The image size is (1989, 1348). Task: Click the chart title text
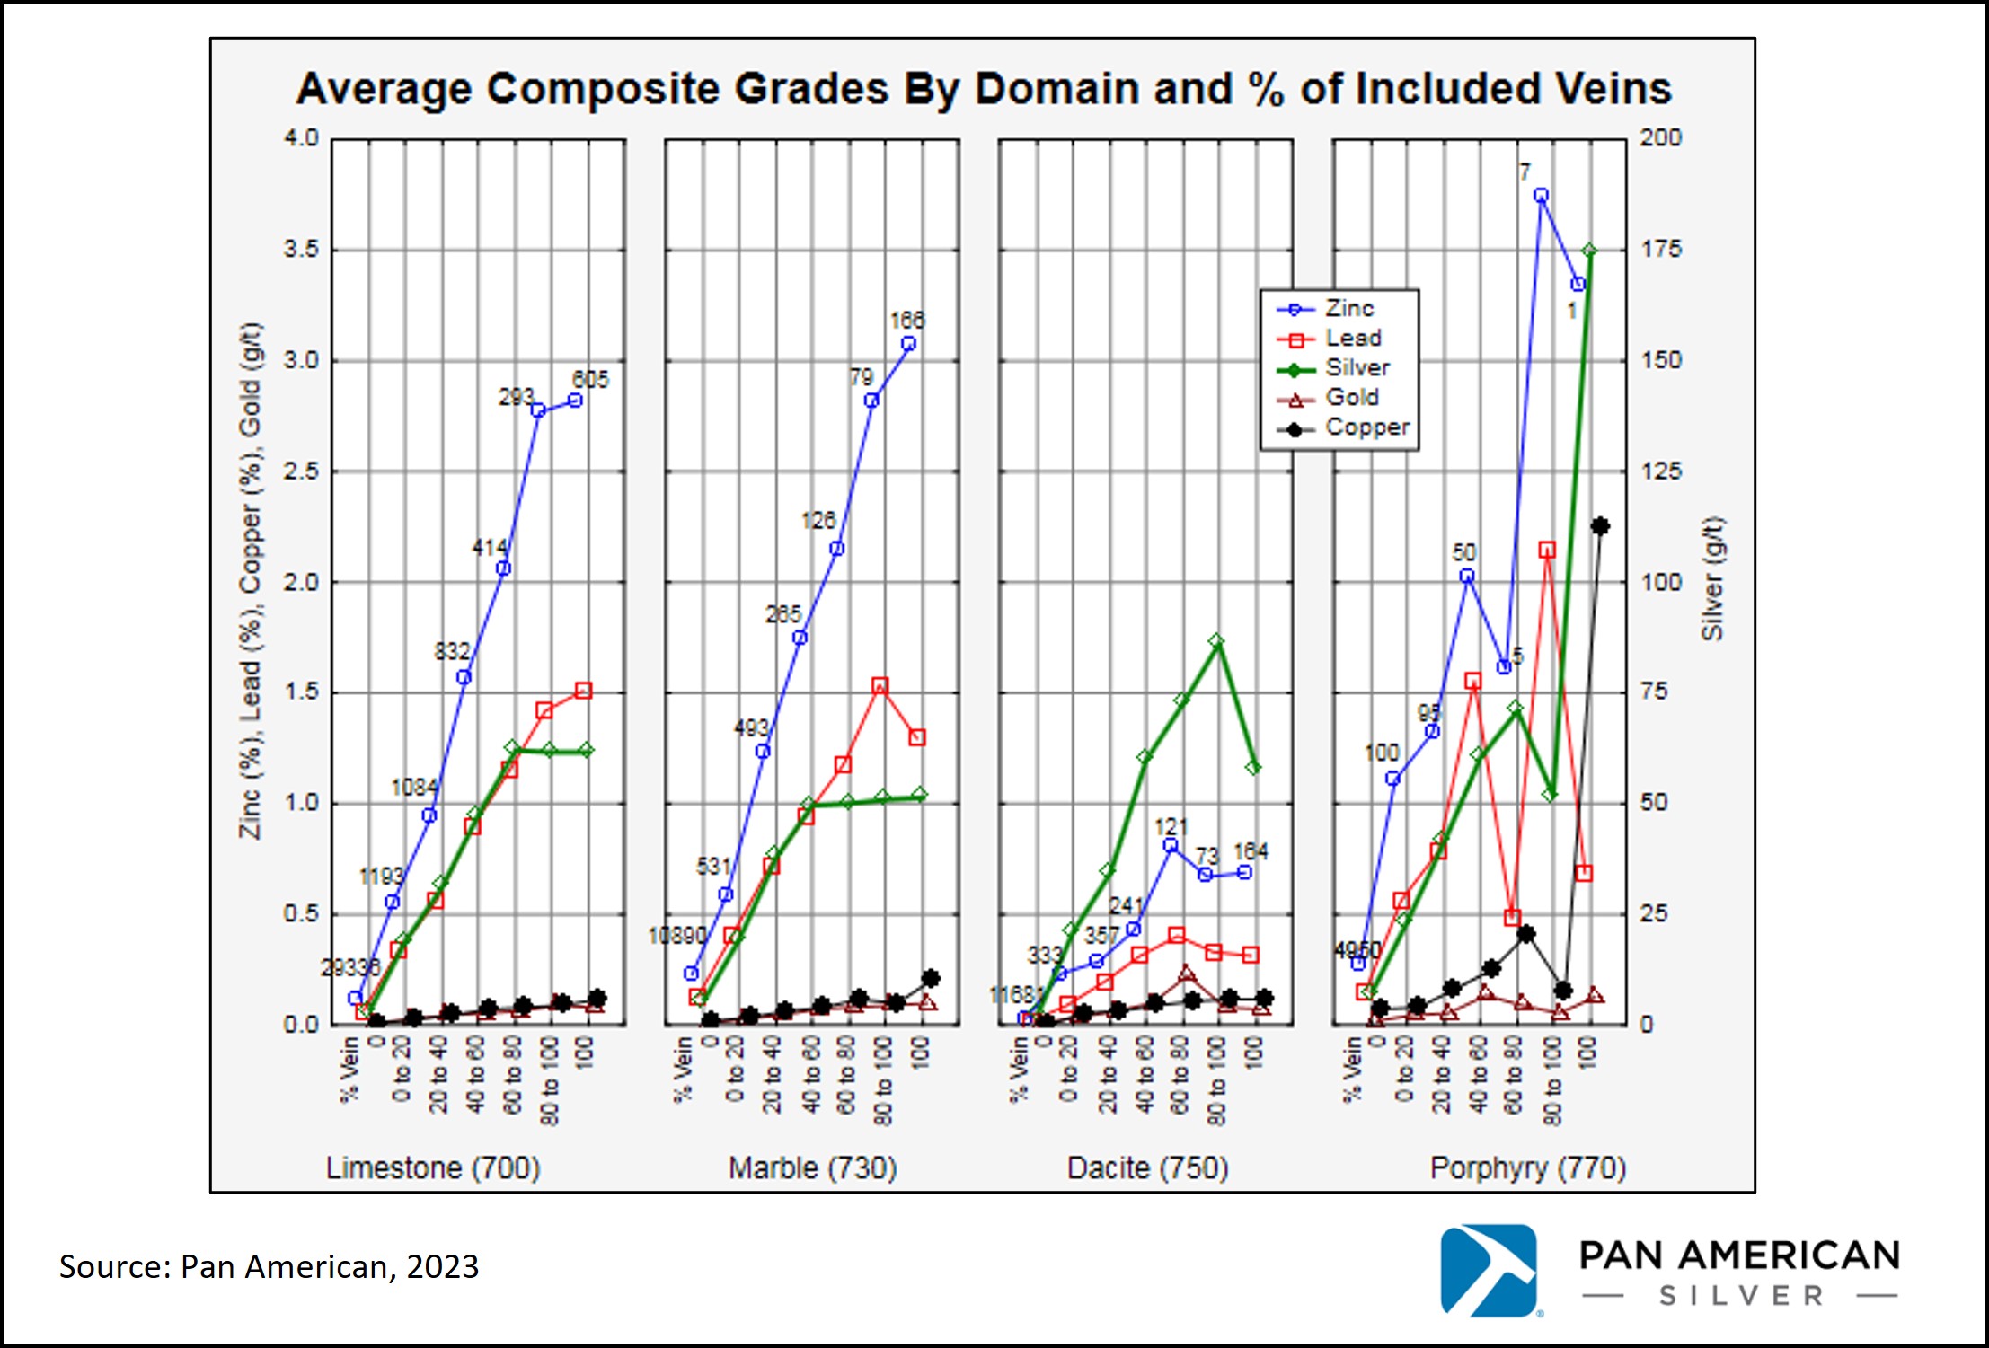pyautogui.click(x=983, y=89)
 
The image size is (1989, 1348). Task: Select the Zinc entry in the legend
pyautogui.click(x=1348, y=308)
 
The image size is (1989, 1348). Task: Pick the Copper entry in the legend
pyautogui.click(x=1366, y=427)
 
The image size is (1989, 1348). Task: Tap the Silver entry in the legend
pyautogui.click(x=1357, y=367)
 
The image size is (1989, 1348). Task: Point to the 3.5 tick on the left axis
pyautogui.click(x=302, y=249)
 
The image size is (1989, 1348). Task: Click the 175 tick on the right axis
pyautogui.click(x=1660, y=249)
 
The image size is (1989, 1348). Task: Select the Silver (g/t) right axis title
pyautogui.click(x=1712, y=579)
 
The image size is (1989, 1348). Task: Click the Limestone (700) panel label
pyautogui.click(x=432, y=1167)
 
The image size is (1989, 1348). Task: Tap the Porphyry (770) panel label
pyautogui.click(x=1527, y=1167)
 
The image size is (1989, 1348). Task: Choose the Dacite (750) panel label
pyautogui.click(x=1147, y=1167)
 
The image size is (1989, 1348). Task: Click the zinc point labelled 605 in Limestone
pyautogui.click(x=576, y=401)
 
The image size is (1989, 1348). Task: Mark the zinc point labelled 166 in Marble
pyautogui.click(x=908, y=344)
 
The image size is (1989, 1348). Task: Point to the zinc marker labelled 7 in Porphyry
pyautogui.click(x=1541, y=196)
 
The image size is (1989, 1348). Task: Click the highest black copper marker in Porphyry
pyautogui.click(x=1599, y=526)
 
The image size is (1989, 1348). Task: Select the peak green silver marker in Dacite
pyautogui.click(x=1216, y=641)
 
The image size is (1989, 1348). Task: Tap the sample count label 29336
pyautogui.click(x=350, y=967)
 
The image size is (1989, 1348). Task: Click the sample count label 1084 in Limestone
pyautogui.click(x=414, y=788)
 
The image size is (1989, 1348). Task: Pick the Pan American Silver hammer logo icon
pyautogui.click(x=1489, y=1270)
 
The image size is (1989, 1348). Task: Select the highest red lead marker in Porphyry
pyautogui.click(x=1546, y=550)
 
